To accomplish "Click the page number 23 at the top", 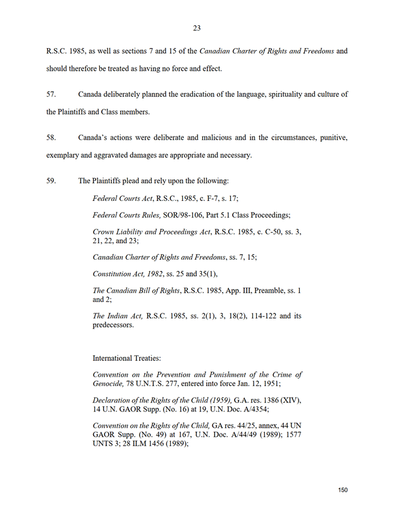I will tap(197, 28).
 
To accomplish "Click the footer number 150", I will tap(343, 490).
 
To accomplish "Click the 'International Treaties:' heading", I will tap(126, 358).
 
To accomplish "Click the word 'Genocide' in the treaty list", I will tap(109, 384).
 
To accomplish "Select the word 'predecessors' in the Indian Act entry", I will tap(113, 325).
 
